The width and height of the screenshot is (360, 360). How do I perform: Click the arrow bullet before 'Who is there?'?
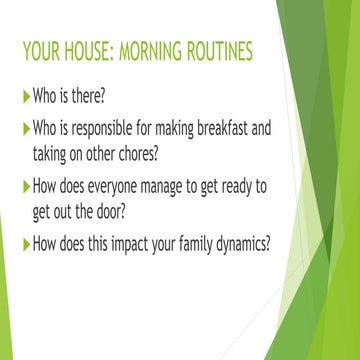[x=25, y=99]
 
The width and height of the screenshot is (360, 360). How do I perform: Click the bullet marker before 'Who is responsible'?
[x=25, y=130]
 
